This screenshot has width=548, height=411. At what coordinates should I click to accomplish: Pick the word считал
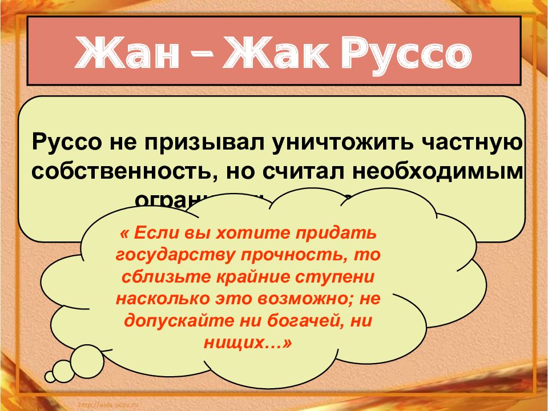tap(312, 171)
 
